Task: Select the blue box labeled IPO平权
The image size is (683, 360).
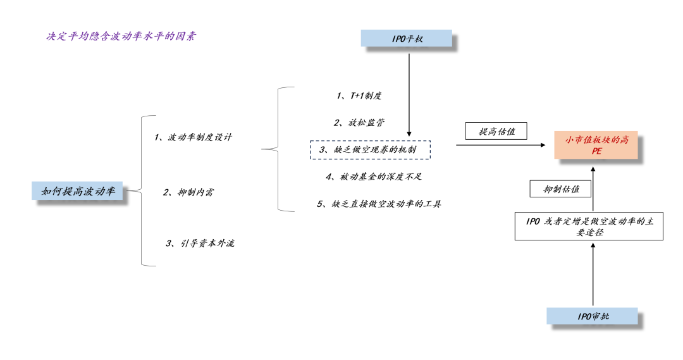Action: [x=407, y=39]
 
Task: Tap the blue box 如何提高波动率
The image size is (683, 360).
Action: [x=78, y=190]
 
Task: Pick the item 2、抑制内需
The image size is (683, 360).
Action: [x=187, y=192]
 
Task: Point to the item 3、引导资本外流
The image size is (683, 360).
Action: [x=200, y=243]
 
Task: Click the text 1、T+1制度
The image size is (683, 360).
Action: [x=359, y=96]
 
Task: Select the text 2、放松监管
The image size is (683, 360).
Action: [x=359, y=122]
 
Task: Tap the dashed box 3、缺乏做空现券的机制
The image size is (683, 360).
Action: [x=370, y=150]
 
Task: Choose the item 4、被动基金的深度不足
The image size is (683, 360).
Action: [x=378, y=177]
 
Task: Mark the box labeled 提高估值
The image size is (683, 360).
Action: [x=496, y=131]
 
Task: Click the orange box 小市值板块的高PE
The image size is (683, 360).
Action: [x=596, y=145]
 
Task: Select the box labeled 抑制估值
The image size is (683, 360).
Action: [x=559, y=189]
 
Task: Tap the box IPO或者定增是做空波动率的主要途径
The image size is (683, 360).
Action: [x=589, y=227]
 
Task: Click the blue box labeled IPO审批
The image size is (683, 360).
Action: [x=593, y=316]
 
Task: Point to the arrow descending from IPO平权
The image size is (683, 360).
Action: [x=410, y=89]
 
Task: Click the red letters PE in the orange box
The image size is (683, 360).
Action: [x=596, y=152]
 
